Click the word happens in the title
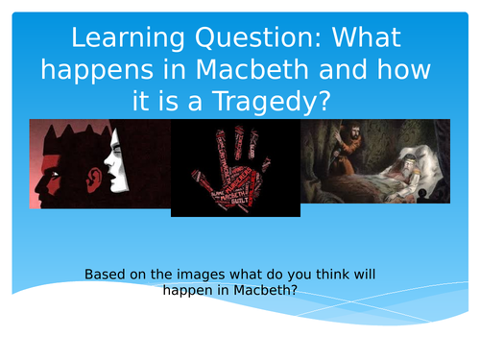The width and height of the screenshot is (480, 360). [x=105, y=69]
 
